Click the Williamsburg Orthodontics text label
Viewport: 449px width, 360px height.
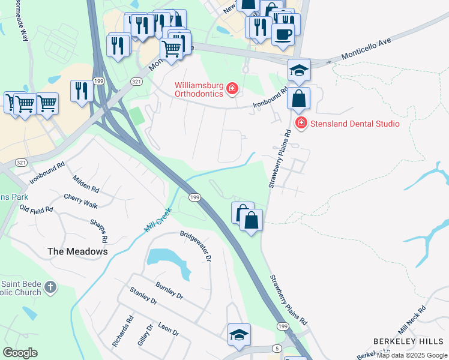199,89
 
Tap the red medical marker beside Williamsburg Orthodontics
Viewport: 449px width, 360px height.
232,90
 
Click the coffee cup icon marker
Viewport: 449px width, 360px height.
282,34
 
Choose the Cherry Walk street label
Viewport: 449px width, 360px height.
80,201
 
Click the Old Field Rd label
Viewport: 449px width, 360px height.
36,209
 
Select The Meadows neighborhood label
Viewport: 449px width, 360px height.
77,252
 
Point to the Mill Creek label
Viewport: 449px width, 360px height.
158,221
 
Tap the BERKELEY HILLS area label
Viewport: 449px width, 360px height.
408,341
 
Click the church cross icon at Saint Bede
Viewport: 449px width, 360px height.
50,288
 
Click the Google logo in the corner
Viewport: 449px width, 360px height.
20,352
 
